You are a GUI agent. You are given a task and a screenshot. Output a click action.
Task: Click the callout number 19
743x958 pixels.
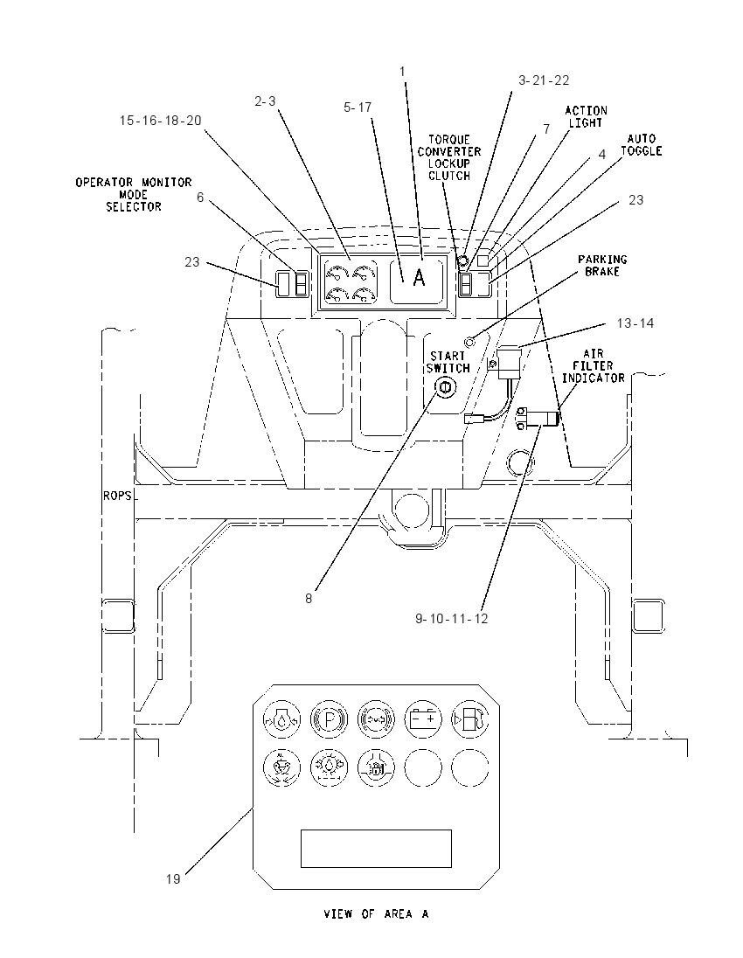coord(173,879)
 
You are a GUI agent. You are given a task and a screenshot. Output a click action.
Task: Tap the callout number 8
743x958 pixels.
coord(309,599)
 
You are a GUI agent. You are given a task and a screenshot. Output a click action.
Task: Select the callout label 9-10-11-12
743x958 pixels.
coord(452,619)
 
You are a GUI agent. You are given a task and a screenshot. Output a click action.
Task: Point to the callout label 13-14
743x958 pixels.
coord(635,323)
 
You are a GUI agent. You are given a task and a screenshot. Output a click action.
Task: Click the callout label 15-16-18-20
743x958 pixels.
coord(160,121)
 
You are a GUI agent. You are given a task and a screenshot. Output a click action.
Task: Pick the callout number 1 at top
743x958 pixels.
coord(402,72)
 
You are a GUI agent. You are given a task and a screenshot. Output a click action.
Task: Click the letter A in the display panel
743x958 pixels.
coord(419,277)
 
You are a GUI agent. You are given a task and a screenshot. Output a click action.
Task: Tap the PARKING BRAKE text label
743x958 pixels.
coord(602,265)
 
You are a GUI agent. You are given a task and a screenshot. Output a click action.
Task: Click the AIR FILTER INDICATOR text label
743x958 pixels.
coord(594,366)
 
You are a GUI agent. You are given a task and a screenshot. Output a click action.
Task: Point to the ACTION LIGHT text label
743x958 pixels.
coord(586,117)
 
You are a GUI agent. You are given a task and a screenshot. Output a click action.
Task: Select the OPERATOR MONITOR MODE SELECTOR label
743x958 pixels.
coord(133,194)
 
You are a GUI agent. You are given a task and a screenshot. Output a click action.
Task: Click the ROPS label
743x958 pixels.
coord(117,496)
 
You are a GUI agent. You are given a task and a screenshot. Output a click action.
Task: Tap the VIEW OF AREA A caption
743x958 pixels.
coord(376,914)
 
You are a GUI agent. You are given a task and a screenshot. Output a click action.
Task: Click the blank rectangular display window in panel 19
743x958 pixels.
coord(376,849)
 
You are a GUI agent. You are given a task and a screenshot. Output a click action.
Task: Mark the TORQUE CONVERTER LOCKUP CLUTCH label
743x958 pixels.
coord(449,157)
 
